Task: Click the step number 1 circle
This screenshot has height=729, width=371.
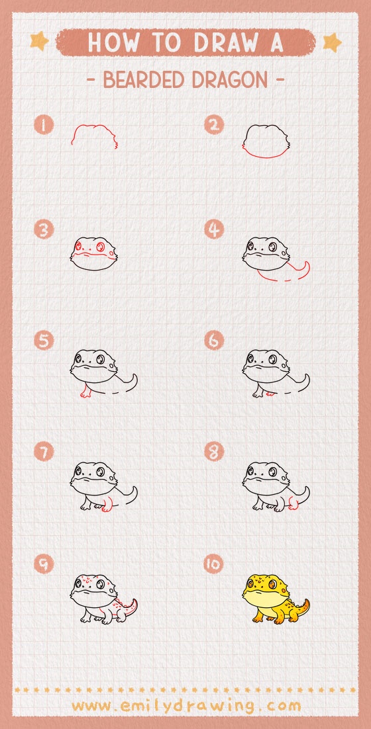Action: pyautogui.click(x=44, y=125)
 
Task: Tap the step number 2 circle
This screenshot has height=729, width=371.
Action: pyautogui.click(x=213, y=125)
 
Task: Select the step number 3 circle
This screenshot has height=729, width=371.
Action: pyautogui.click(x=44, y=230)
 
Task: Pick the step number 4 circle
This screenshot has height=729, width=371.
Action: pyautogui.click(x=213, y=230)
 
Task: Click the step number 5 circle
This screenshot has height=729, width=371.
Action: pyautogui.click(x=44, y=341)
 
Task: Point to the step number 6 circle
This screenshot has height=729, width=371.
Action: pyautogui.click(x=213, y=341)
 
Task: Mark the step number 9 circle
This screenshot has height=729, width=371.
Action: pyautogui.click(x=44, y=564)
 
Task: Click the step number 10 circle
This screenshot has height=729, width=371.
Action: pyautogui.click(x=213, y=564)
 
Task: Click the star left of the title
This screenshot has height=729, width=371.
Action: pyautogui.click(x=39, y=42)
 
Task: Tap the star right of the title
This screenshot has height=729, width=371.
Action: pyautogui.click(x=332, y=42)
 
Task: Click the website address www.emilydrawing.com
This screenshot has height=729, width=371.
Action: pyautogui.click(x=185, y=705)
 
